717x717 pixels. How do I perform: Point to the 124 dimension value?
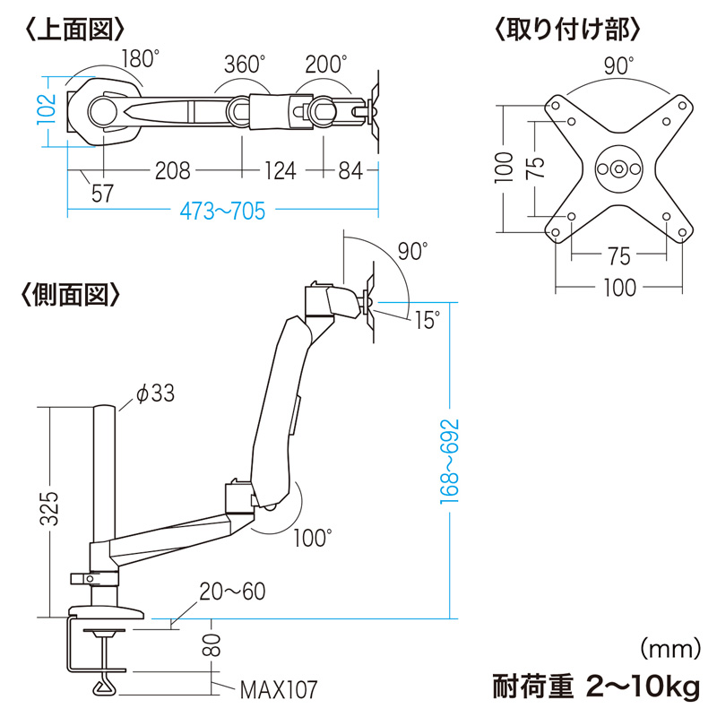click(x=279, y=170)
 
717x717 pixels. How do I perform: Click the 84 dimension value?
click(x=352, y=170)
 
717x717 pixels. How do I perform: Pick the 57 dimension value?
click(x=103, y=193)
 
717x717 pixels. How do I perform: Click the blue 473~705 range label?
click(x=222, y=212)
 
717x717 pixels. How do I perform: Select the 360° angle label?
click(x=246, y=65)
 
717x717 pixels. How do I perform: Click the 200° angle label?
click(x=325, y=65)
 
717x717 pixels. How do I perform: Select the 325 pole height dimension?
click(x=52, y=508)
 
